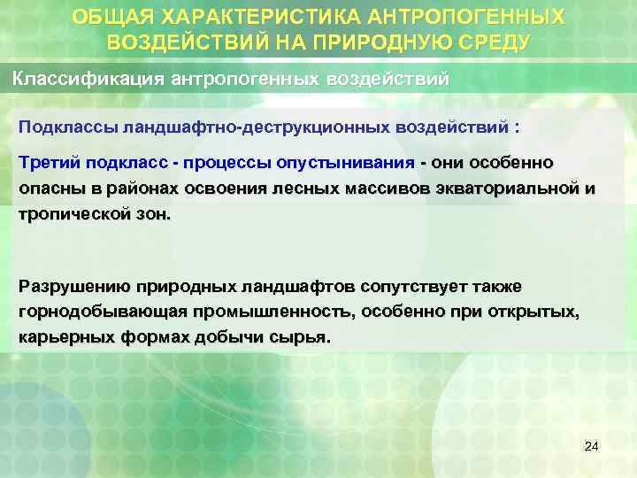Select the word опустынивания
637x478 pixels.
(365, 163)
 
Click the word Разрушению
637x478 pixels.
(74, 287)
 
